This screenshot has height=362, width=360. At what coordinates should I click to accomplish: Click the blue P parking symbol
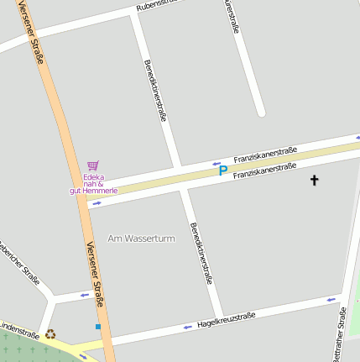coord(223,171)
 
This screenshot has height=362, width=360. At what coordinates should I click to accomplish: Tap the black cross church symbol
coord(316,180)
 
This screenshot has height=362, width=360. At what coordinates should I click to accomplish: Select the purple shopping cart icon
coord(92,165)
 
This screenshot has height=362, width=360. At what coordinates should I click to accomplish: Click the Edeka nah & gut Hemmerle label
coord(93,184)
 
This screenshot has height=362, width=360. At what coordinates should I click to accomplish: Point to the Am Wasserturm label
coord(141,239)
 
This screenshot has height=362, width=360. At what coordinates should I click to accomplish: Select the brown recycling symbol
coord(50,333)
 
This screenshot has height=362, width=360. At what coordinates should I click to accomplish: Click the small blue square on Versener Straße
coord(98,326)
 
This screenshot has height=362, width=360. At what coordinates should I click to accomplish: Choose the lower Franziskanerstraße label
coord(264,171)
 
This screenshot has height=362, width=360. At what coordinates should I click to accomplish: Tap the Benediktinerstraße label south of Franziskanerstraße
coord(199,254)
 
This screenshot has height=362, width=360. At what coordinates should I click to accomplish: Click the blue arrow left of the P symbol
coord(216,163)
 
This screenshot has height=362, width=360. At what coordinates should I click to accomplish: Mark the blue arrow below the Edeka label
coord(97,202)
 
